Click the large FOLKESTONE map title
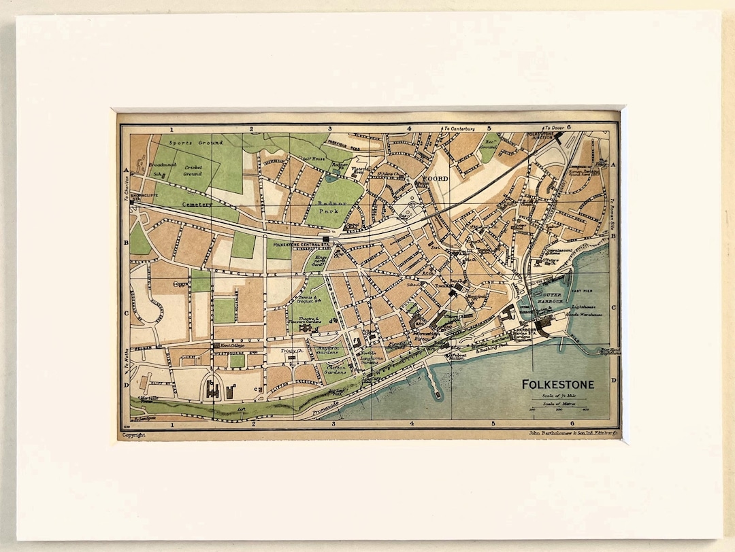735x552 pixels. (557, 385)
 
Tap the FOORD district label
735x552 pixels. (436, 179)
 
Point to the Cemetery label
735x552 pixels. (196, 204)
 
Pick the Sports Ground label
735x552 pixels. (192, 143)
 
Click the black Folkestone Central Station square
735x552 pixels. (327, 240)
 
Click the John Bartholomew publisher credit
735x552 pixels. (572, 432)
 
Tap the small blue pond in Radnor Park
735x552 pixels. (331, 179)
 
